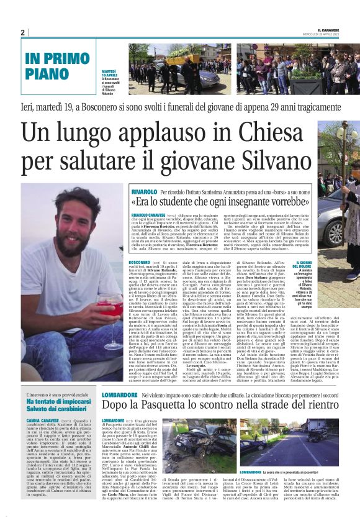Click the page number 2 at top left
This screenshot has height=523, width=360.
point(22,32)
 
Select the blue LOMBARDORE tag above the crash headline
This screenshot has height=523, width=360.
point(122,394)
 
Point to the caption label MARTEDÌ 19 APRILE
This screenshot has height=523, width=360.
point(110,75)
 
